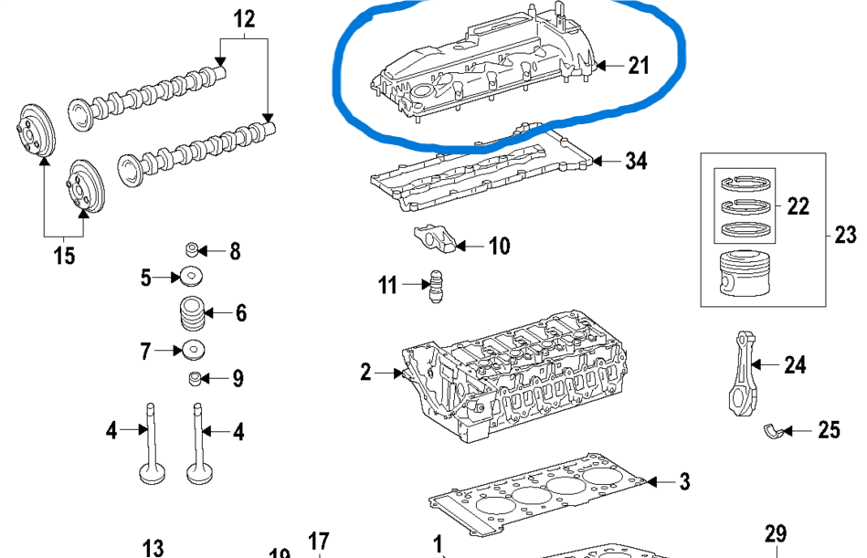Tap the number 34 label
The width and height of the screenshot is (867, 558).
pyautogui.click(x=636, y=162)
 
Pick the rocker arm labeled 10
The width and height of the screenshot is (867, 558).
pyautogui.click(x=433, y=239)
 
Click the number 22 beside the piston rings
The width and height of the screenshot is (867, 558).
pyautogui.click(x=798, y=206)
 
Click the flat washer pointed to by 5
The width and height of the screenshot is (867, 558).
pyautogui.click(x=191, y=275)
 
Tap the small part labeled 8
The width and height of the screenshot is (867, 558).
pyautogui.click(x=192, y=249)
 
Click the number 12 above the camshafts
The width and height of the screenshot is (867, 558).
pyautogui.click(x=245, y=17)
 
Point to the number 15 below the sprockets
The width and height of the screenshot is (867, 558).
pyautogui.click(x=63, y=256)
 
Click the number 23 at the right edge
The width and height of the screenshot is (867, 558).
pyautogui.click(x=845, y=235)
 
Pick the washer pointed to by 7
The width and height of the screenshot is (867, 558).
pyautogui.click(x=192, y=349)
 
